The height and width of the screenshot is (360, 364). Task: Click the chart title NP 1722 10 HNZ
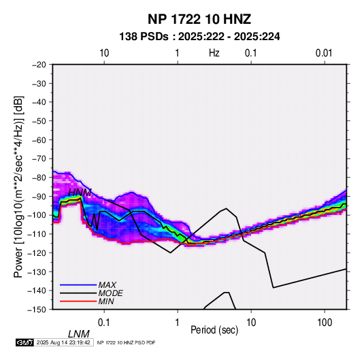199,19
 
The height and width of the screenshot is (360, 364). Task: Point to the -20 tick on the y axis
39,65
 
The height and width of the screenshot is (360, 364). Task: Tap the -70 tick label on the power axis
39,159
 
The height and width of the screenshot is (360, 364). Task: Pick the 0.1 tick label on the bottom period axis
104,323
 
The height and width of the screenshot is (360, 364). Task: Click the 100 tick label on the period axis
325,323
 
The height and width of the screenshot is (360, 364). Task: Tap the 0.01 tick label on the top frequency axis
324,53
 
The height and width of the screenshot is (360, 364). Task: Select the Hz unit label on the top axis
214,53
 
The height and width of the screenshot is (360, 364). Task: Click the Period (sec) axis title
214,330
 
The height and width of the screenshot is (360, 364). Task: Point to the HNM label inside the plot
80,193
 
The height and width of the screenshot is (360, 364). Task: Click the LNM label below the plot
79,334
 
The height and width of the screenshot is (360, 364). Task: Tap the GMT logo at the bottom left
25,342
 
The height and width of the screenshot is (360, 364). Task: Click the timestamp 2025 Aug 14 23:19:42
63,342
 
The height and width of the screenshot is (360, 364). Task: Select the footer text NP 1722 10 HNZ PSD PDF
127,342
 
